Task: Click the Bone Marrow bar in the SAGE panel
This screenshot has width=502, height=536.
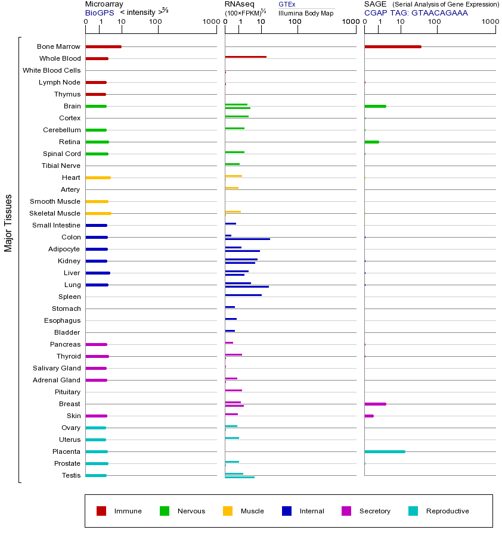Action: click(x=393, y=46)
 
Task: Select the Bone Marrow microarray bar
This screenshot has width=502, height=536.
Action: click(x=103, y=46)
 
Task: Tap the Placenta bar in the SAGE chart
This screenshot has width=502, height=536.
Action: click(x=385, y=451)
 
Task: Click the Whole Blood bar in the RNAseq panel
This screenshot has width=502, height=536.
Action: click(x=246, y=57)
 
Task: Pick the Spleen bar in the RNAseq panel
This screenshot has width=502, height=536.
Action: click(x=243, y=295)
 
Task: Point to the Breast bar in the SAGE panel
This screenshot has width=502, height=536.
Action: click(x=376, y=404)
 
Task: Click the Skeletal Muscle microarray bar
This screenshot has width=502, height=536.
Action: click(x=98, y=213)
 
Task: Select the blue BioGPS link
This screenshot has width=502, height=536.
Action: click(x=100, y=13)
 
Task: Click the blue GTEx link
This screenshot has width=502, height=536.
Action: click(x=287, y=4)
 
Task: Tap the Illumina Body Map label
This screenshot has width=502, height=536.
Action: click(x=306, y=13)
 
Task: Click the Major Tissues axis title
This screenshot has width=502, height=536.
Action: click(x=8, y=223)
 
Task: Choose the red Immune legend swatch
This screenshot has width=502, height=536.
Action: click(x=101, y=511)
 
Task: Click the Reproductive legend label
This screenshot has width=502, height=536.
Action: click(x=448, y=511)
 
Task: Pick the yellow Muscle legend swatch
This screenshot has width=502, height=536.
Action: click(x=228, y=511)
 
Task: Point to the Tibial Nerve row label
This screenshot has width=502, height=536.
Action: click(x=61, y=166)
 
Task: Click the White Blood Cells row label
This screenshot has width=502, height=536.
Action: click(x=52, y=70)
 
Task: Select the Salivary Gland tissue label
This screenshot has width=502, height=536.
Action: click(x=57, y=368)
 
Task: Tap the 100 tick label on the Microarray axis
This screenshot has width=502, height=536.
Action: click(x=156, y=21)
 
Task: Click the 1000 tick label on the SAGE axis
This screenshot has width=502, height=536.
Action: click(x=490, y=21)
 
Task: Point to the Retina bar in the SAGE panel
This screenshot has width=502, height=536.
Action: click(x=372, y=142)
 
